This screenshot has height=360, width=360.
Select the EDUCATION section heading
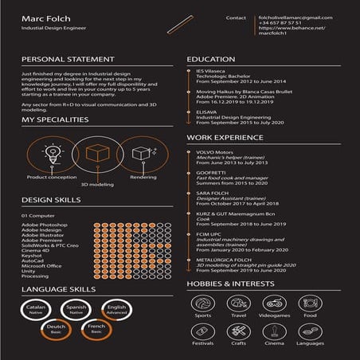(x=211, y=60)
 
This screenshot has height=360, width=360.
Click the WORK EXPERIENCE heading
(x=225, y=137)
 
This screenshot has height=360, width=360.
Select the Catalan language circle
(x=35, y=309)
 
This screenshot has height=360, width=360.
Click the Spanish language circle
(x=76, y=309)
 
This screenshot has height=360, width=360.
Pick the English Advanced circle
(x=117, y=309)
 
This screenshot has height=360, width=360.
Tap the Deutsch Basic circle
(x=56, y=329)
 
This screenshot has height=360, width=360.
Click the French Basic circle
(x=96, y=329)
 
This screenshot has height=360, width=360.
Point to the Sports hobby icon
(x=203, y=303)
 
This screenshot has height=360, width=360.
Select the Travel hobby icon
(x=239, y=303)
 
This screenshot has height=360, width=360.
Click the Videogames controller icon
(x=274, y=303)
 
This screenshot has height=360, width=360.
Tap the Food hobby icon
(x=310, y=303)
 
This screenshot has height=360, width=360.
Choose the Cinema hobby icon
(x=274, y=331)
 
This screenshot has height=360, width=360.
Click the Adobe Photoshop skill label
(x=45, y=225)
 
